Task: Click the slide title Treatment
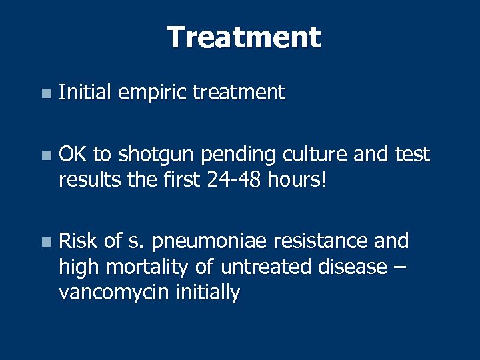coord(243,37)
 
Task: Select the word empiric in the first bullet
coord(153,93)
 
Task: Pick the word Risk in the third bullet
coord(78,241)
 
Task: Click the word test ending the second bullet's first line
coord(413,155)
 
